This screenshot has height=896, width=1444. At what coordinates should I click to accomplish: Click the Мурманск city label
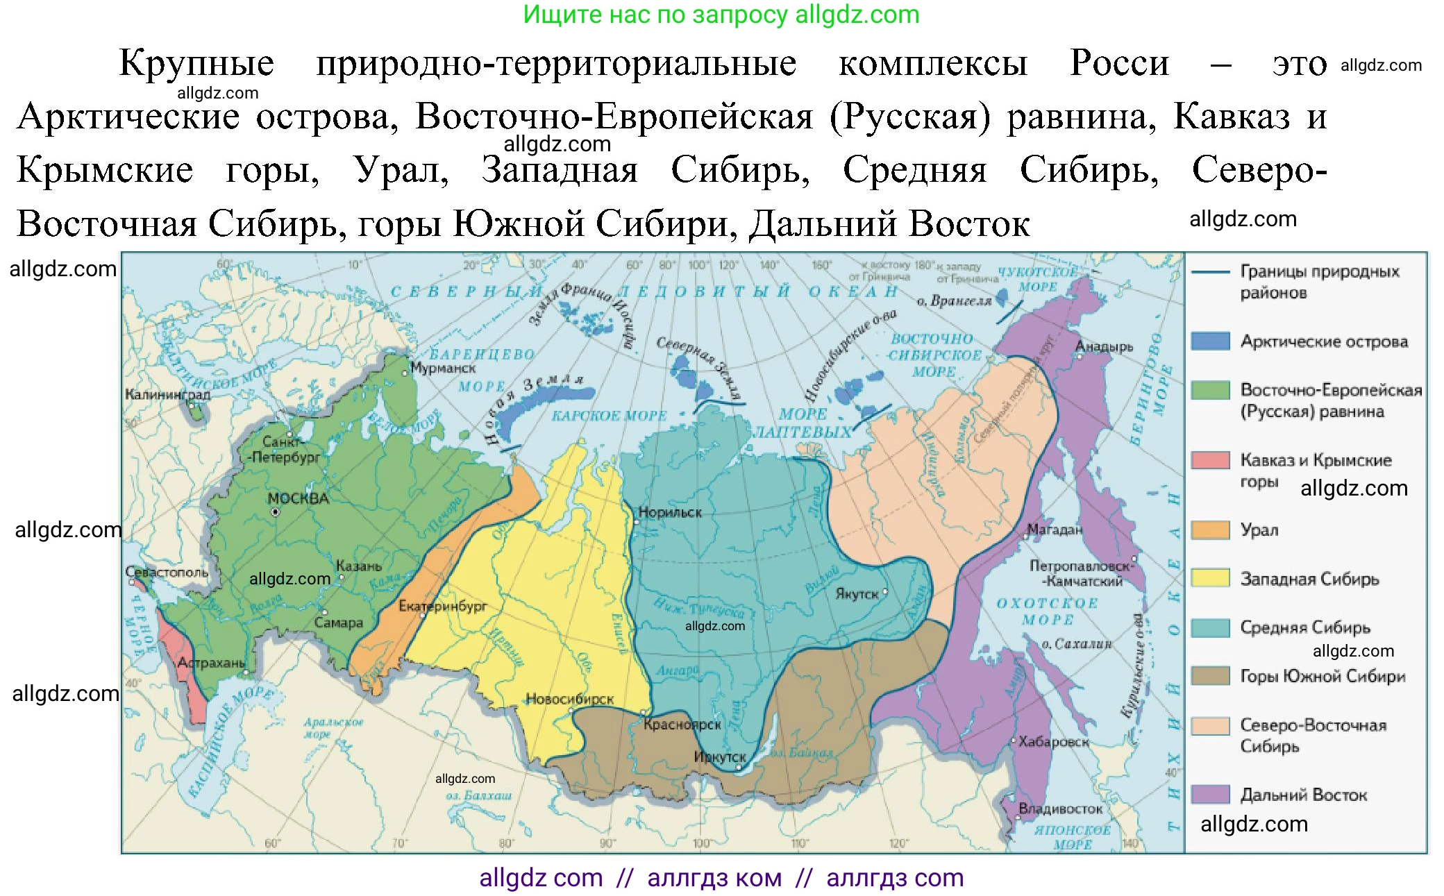443,368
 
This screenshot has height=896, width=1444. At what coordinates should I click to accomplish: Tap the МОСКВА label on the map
298,498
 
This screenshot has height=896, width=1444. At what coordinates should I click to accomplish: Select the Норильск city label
670,512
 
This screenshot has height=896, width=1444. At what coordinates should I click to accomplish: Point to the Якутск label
857,594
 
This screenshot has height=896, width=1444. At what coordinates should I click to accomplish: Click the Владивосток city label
1060,809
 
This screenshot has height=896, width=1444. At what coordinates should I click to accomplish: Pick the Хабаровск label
1054,741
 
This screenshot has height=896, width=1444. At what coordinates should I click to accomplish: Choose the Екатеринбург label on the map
443,606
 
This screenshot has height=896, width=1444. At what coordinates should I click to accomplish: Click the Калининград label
167,394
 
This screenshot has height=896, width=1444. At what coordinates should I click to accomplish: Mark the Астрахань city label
211,663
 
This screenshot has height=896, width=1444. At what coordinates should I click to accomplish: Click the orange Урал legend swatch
1210,530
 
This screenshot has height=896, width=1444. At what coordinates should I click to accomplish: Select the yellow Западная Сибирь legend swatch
1210,578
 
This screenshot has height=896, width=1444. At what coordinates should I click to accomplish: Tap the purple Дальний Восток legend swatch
1210,794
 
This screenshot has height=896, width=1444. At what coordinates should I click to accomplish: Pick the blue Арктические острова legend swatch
1210,341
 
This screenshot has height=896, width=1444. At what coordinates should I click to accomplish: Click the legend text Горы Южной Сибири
1323,676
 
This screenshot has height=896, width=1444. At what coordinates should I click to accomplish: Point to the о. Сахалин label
1076,644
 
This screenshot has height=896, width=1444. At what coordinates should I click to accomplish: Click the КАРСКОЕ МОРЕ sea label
609,416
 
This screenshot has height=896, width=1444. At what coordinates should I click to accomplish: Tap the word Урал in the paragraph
401,170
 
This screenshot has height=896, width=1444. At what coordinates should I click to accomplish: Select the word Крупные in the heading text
196,64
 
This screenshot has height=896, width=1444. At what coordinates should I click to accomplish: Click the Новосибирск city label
569,699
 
